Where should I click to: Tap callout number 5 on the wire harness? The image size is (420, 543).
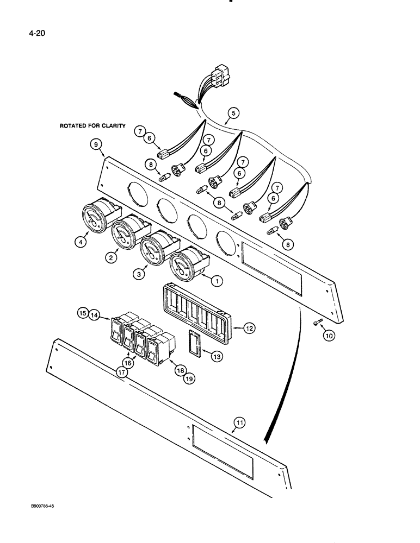(x=233, y=113)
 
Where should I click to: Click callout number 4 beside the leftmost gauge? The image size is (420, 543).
(x=82, y=243)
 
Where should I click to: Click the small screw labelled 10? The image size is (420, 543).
(x=318, y=324)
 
